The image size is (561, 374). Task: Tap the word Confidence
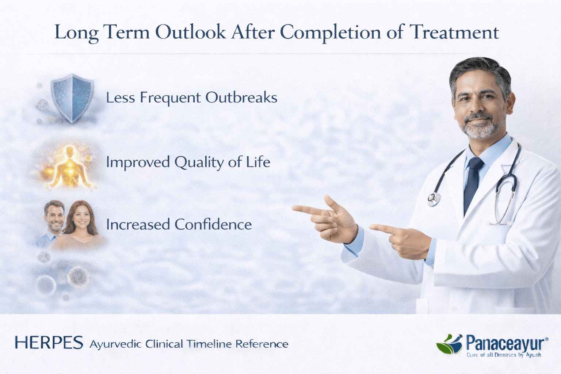[x=213, y=224]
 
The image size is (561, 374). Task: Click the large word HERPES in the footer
[x=49, y=343]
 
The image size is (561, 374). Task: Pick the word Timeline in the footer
[x=209, y=344]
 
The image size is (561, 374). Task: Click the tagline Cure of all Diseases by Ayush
[x=504, y=355]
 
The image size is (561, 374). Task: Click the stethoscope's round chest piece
[x=434, y=199]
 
